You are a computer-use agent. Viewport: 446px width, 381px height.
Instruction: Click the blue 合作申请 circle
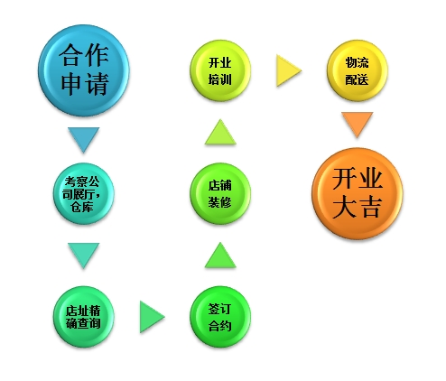(x=84, y=70)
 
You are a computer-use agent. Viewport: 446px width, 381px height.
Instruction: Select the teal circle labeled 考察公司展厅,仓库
(x=84, y=193)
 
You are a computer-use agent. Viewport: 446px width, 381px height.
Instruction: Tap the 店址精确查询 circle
(x=84, y=317)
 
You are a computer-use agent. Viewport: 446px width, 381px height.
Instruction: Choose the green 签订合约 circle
(x=220, y=317)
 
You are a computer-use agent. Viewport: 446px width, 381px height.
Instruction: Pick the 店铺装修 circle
(x=220, y=193)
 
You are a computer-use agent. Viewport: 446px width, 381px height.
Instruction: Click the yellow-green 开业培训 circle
(x=220, y=70)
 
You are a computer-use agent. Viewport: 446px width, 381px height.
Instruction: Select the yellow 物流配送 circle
(x=358, y=70)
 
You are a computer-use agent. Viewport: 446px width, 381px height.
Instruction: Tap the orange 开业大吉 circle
(x=358, y=193)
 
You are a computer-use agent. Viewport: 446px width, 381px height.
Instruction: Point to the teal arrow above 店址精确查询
(x=84, y=256)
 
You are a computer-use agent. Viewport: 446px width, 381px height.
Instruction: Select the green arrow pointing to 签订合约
(x=152, y=317)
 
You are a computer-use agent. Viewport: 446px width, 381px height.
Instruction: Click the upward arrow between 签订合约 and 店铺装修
(x=220, y=256)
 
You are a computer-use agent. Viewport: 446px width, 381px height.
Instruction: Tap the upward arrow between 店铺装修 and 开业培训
(x=220, y=132)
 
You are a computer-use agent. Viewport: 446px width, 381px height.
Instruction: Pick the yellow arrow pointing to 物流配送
(x=289, y=70)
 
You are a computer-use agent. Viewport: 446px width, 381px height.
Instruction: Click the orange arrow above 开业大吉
(x=358, y=125)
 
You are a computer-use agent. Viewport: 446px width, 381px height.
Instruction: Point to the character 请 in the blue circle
(x=97, y=84)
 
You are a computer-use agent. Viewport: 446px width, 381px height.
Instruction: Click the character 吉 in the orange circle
(x=370, y=207)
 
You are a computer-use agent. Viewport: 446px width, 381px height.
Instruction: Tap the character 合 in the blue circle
(x=71, y=55)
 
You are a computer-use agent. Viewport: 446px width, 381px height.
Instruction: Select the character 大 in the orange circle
(x=344, y=207)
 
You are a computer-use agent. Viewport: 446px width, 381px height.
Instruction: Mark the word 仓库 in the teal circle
(x=82, y=207)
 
